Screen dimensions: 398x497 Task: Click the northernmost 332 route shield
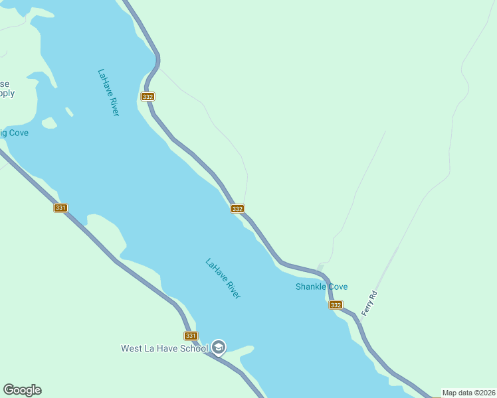tap(148, 96)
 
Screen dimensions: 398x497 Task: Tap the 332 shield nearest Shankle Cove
tap(336, 305)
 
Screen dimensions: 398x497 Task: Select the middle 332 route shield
tap(237, 208)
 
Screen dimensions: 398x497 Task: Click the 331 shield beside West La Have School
tap(191, 336)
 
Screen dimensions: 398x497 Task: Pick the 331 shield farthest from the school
tap(60, 208)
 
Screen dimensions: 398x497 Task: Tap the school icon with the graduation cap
tap(219, 348)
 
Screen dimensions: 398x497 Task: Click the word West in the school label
tap(131, 348)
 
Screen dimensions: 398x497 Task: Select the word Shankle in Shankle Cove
tap(312, 287)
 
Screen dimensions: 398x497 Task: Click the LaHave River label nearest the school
tap(223, 278)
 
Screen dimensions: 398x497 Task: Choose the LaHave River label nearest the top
tap(108, 93)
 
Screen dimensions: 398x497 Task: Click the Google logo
tap(22, 390)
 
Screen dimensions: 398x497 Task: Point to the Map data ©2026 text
tap(468, 393)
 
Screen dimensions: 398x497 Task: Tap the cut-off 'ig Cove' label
tap(14, 133)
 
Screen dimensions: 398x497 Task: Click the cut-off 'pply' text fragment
tap(7, 94)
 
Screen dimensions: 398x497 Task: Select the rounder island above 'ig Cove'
tap(49, 123)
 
